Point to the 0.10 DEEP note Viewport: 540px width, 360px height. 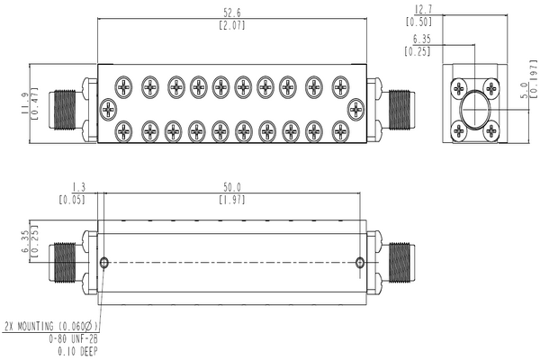coord(78,351)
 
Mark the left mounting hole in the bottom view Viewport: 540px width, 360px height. coord(105,262)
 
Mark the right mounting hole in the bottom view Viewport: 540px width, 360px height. coord(360,262)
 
